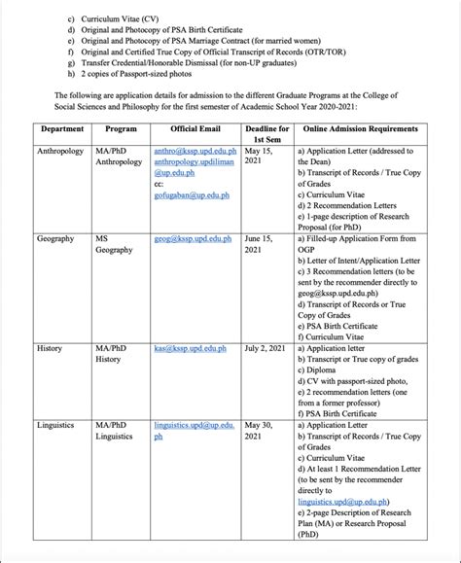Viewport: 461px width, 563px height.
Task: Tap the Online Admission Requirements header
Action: [x=361, y=128]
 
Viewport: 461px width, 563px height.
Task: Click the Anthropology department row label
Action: [x=60, y=153]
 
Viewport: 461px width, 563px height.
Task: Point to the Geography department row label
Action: [x=55, y=238]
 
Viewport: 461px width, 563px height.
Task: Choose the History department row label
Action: [x=50, y=347]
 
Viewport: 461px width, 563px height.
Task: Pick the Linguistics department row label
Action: [x=55, y=425]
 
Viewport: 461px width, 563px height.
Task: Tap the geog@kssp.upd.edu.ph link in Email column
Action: [x=193, y=238]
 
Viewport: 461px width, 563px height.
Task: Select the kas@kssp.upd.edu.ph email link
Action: [x=190, y=347]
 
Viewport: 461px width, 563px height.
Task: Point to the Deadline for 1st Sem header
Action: [x=266, y=134]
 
